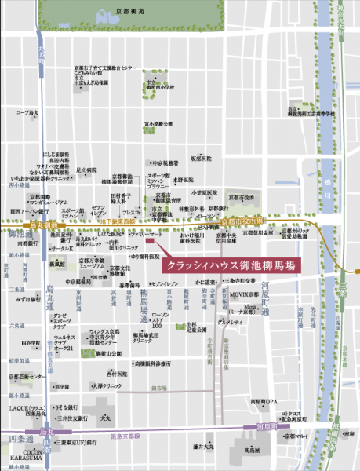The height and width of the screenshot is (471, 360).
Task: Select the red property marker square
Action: (161, 241)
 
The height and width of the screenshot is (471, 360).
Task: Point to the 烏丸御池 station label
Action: (22, 225)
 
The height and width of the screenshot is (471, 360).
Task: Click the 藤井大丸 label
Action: (202, 446)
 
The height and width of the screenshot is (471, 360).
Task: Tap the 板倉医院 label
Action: (213, 158)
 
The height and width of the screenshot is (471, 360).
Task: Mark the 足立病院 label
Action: (86, 170)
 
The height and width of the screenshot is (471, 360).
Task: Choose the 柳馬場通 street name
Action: (144, 303)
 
